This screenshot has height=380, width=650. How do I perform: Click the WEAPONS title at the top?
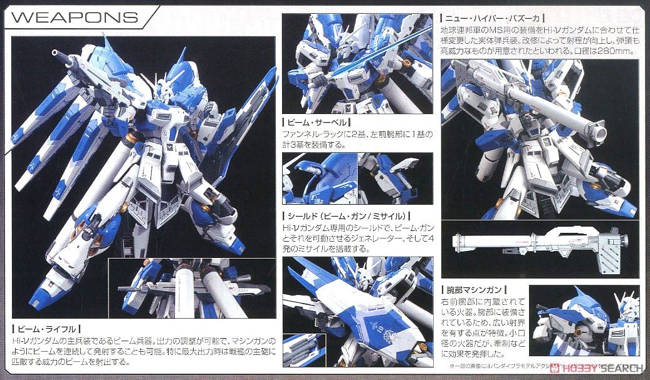pos(75,16)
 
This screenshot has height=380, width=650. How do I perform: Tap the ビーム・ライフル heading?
pos(47,327)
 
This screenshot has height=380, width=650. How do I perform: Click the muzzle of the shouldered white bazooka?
pos(599,131)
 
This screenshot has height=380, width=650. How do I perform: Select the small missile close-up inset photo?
pos(303,351)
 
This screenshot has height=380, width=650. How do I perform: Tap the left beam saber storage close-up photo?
pos(319,180)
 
